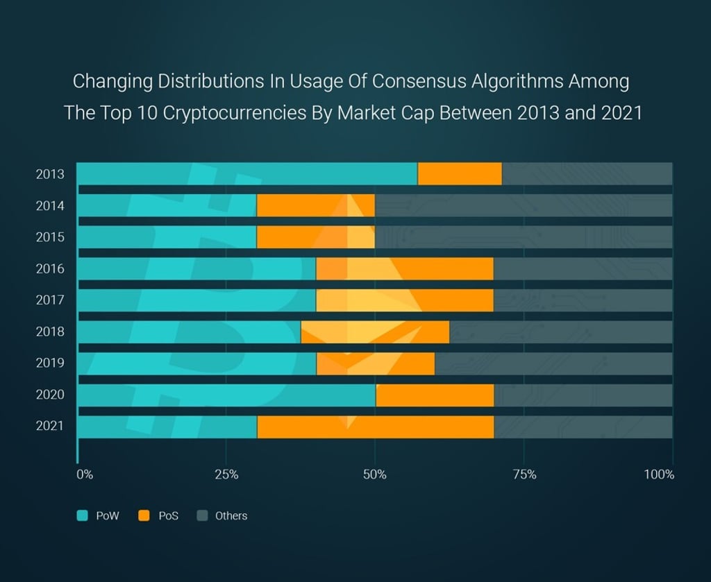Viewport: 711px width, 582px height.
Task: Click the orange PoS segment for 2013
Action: point(460,173)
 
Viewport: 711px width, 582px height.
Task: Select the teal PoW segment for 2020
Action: point(226,395)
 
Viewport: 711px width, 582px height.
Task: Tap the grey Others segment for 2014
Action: point(524,205)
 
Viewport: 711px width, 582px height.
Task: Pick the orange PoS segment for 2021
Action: point(375,427)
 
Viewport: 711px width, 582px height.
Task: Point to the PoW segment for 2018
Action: point(188,332)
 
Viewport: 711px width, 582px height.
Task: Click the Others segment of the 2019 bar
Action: point(553,363)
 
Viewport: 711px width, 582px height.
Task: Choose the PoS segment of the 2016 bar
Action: point(404,268)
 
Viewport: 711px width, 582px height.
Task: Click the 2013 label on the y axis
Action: point(50,174)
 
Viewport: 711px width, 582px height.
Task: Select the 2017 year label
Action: point(50,300)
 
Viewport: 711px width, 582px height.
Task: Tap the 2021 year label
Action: point(50,426)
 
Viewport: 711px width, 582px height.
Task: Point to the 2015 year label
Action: point(50,237)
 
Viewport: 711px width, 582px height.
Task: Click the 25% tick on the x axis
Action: point(226,475)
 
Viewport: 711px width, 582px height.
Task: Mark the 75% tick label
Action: point(524,475)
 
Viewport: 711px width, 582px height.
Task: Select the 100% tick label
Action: point(659,475)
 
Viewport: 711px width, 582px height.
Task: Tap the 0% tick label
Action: point(84,475)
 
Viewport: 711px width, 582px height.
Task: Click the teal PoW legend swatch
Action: point(83,515)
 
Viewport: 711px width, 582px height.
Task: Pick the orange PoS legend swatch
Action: point(144,515)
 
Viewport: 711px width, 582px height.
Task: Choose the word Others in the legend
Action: point(231,516)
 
